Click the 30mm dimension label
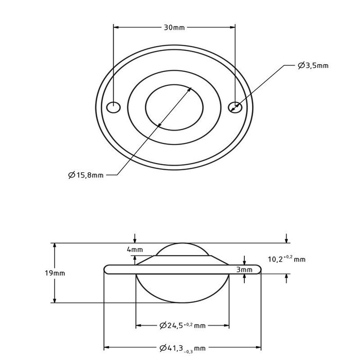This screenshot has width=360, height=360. click(x=174, y=27)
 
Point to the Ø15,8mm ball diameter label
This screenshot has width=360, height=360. click(x=85, y=175)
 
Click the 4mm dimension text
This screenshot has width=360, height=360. click(x=135, y=250)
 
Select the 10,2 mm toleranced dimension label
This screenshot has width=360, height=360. click(x=287, y=259)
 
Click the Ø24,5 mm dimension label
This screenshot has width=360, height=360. click(x=182, y=325)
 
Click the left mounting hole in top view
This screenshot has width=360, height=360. click(x=113, y=107)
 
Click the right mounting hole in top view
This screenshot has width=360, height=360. click(x=235, y=106)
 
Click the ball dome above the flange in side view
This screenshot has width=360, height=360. click(x=182, y=249)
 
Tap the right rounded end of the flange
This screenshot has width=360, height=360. click(x=258, y=269)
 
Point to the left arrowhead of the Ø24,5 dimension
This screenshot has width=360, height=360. click(x=138, y=325)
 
